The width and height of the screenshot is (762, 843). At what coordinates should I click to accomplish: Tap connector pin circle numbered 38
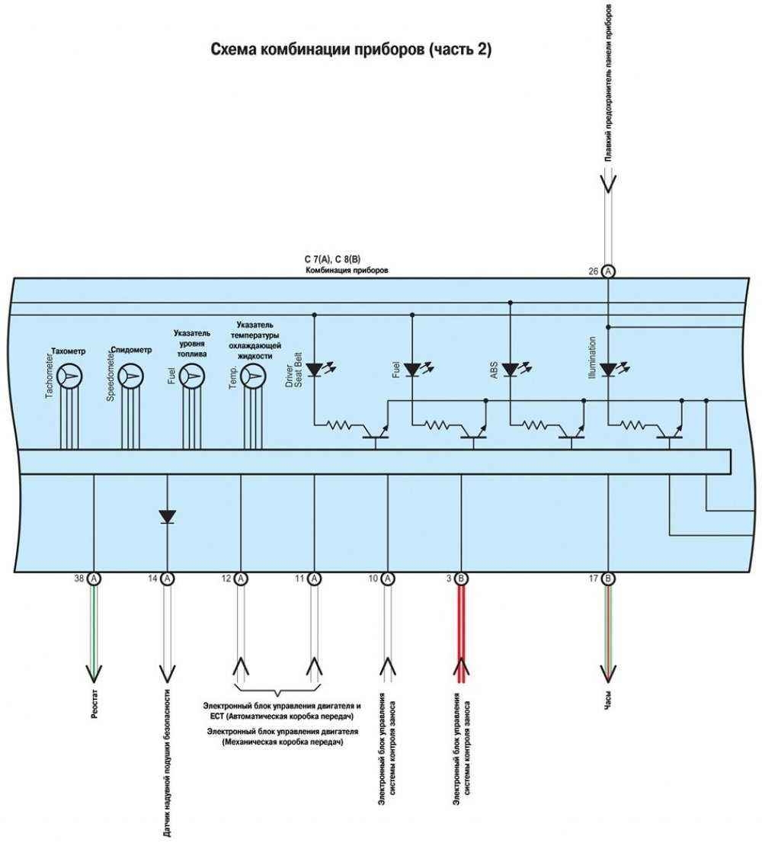point(94,579)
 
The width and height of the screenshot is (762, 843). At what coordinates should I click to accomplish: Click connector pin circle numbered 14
point(168,579)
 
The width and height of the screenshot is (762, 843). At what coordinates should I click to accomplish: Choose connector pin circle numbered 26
point(608,271)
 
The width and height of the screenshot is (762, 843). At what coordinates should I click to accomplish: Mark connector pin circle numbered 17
point(608,579)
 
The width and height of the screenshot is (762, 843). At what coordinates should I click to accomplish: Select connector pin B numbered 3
point(461,579)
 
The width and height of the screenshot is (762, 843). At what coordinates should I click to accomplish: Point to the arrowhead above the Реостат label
point(94,674)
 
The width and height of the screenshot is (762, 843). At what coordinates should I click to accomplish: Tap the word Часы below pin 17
point(608,701)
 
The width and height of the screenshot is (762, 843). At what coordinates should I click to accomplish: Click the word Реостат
point(94,705)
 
